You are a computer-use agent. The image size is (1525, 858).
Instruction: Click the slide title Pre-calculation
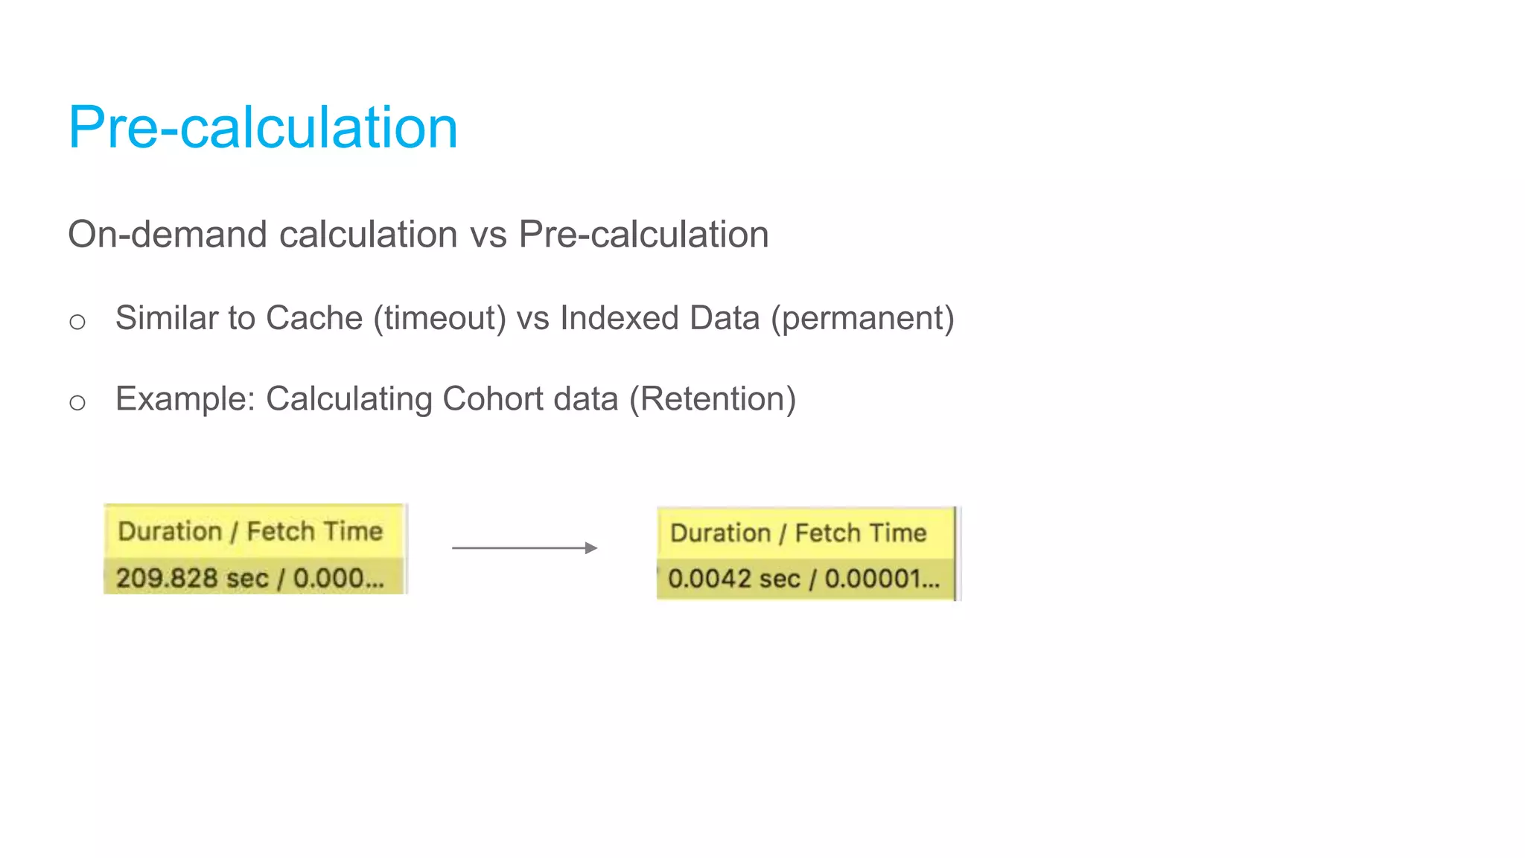point(263,127)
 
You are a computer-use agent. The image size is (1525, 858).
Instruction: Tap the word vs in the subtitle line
point(488,235)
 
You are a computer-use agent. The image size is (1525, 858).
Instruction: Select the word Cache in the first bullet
point(313,318)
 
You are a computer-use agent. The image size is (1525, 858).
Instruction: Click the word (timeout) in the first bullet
point(439,318)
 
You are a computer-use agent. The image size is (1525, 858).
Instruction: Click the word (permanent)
point(862,318)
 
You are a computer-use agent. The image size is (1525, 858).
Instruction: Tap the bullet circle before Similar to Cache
point(77,322)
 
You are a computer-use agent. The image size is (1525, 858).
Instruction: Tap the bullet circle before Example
point(77,403)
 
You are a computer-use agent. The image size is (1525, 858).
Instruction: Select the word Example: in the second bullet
point(185,398)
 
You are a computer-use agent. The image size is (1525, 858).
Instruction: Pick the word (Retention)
point(713,398)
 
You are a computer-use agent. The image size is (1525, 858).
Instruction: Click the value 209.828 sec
point(192,578)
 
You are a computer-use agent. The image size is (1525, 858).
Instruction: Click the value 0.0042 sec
point(733,579)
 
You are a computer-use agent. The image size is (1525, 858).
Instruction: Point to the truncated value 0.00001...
point(882,579)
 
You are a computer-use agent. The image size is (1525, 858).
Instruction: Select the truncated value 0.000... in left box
point(339,578)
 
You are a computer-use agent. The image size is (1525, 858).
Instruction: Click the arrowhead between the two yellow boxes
point(591,548)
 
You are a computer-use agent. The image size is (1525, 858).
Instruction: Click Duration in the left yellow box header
point(170,531)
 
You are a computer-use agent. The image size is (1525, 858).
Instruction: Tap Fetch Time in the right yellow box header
point(860,533)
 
